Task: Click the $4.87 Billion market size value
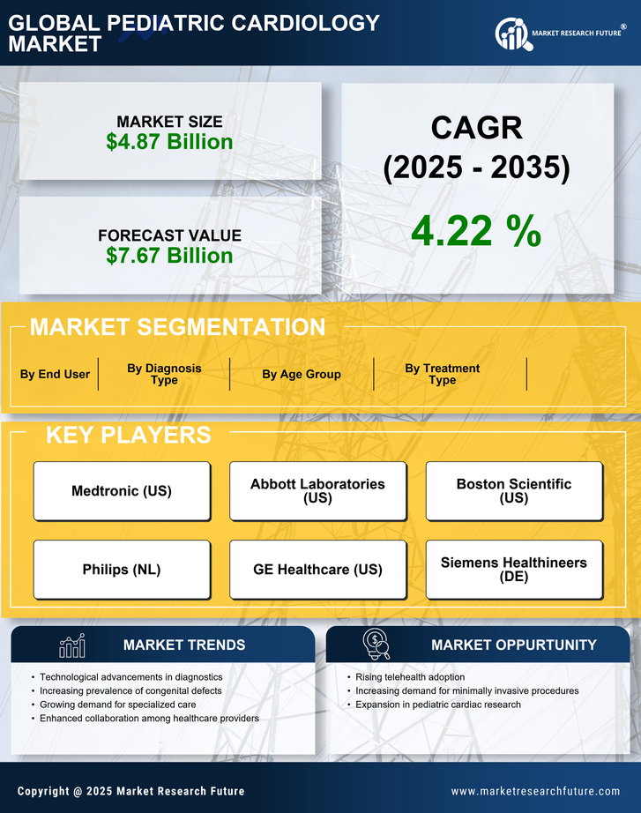pyautogui.click(x=169, y=142)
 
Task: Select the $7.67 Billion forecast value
pyautogui.click(x=169, y=256)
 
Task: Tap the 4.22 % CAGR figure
pyautogui.click(x=476, y=231)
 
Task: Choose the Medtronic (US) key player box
pyautogui.click(x=122, y=491)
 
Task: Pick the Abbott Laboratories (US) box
pyautogui.click(x=317, y=491)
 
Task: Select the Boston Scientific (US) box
pyautogui.click(x=514, y=491)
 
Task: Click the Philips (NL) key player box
pyautogui.click(x=122, y=570)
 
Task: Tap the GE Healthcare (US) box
pyautogui.click(x=317, y=570)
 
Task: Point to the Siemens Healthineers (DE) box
pyautogui.click(x=514, y=570)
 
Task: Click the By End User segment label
pyautogui.click(x=55, y=375)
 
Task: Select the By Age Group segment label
pyautogui.click(x=302, y=375)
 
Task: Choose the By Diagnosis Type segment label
pyautogui.click(x=164, y=374)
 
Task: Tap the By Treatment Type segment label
pyautogui.click(x=443, y=374)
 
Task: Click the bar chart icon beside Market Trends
pyautogui.click(x=72, y=645)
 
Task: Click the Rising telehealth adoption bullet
pyautogui.click(x=410, y=677)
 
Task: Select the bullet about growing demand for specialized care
pyautogui.click(x=118, y=705)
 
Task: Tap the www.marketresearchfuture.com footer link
pyautogui.click(x=535, y=791)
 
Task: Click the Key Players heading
pyautogui.click(x=128, y=435)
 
